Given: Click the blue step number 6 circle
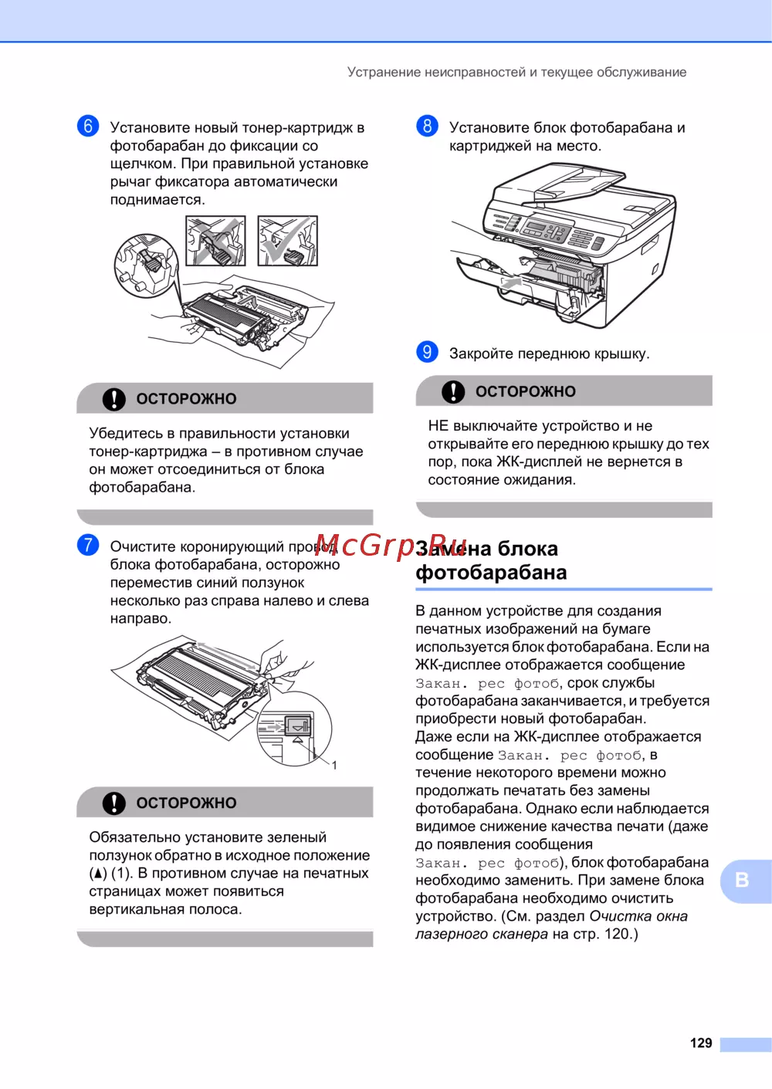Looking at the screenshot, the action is (x=88, y=126).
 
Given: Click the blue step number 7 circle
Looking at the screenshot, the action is (x=88, y=545).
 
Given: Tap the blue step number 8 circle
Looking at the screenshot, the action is (x=427, y=126).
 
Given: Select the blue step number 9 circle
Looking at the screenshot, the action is (x=427, y=351).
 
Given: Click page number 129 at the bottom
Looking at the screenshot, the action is (x=700, y=1043).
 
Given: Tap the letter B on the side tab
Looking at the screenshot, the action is (x=742, y=880).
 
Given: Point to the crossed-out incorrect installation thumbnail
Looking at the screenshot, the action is (x=215, y=241).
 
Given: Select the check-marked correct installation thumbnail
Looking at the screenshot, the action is (x=287, y=241).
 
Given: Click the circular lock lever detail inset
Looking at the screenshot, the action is (x=147, y=265).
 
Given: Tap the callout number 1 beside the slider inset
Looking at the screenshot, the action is (x=334, y=765).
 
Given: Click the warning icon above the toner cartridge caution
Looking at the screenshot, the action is (x=113, y=399).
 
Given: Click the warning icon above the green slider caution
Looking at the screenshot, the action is (x=113, y=803).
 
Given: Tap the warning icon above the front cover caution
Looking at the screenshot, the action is (x=453, y=391).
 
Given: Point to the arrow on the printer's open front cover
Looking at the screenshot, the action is (x=511, y=282).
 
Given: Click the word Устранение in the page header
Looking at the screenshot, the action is (x=384, y=72).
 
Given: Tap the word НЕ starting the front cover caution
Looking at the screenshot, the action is (x=438, y=426).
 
